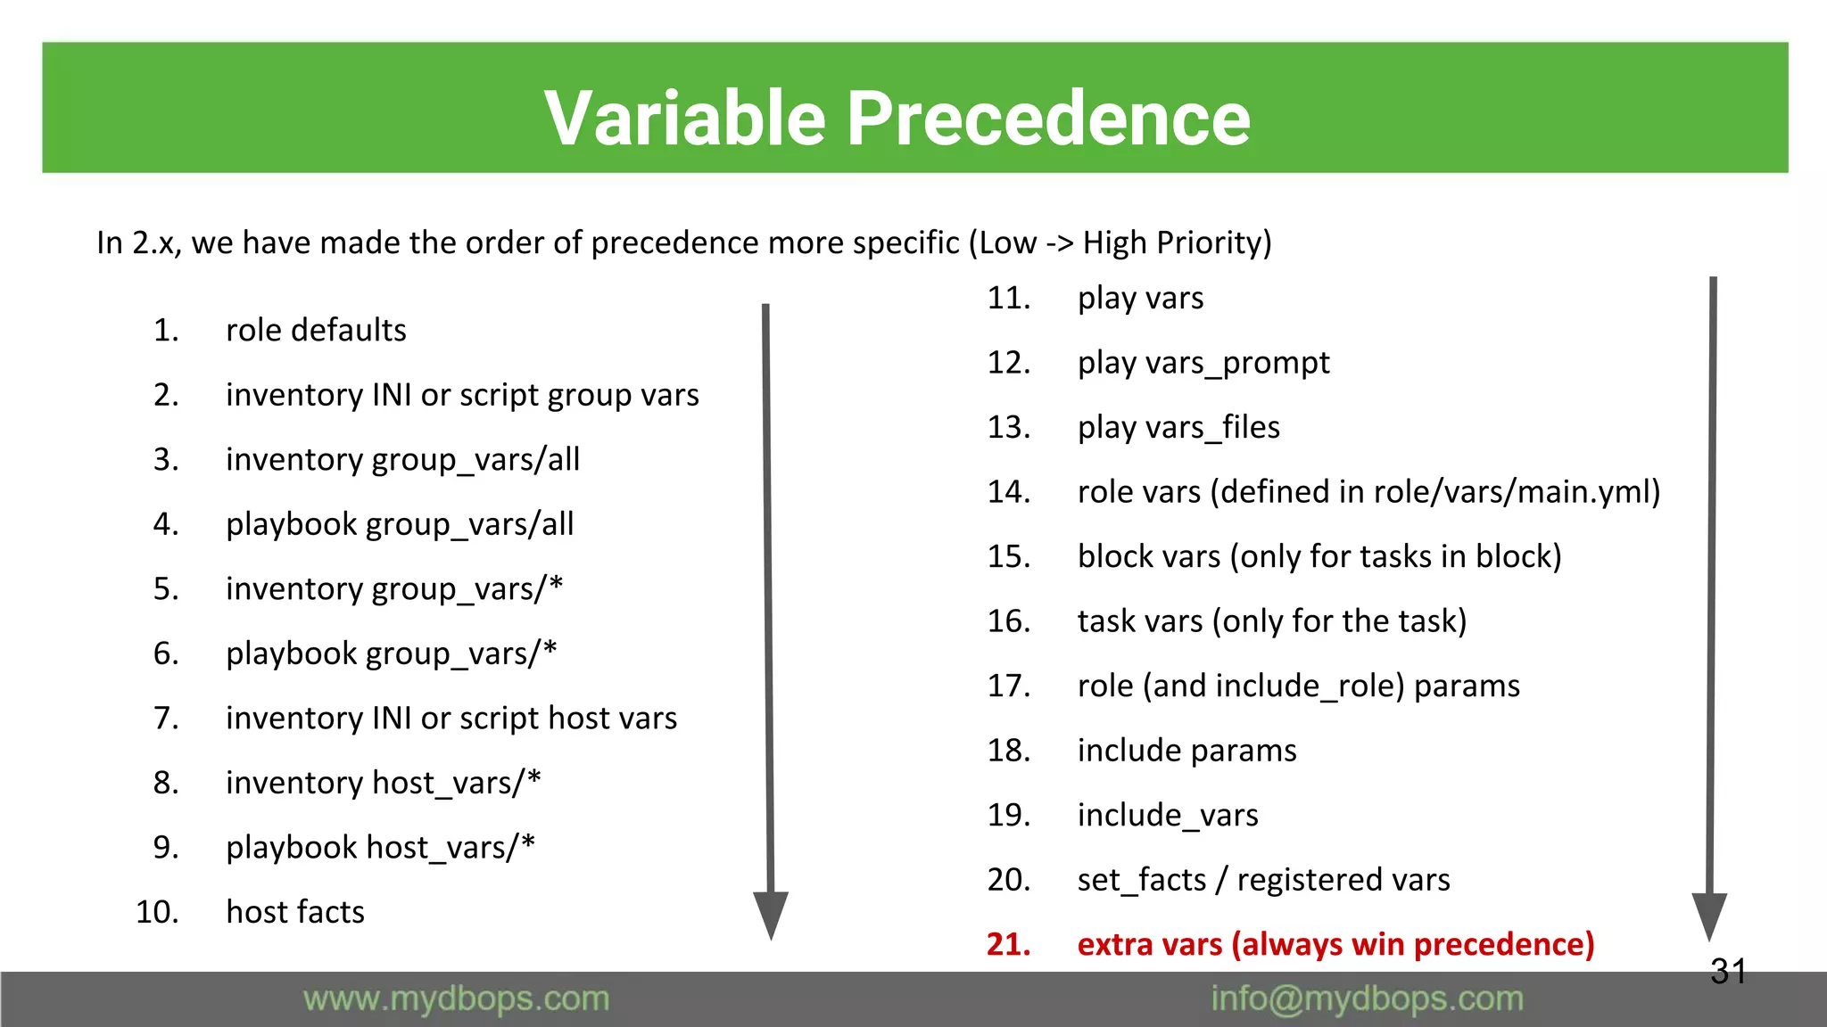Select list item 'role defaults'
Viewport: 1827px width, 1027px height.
click(316, 331)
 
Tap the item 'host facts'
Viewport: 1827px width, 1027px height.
click(295, 912)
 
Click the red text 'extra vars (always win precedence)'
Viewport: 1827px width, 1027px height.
click(1335, 944)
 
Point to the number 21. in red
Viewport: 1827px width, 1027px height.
click(1008, 944)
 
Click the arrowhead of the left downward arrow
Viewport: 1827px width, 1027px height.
click(771, 914)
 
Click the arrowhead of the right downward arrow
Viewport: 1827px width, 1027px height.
click(1709, 916)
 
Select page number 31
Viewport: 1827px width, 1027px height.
click(1728, 972)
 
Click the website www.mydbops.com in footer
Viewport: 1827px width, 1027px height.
click(456, 999)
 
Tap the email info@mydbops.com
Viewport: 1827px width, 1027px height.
click(1367, 999)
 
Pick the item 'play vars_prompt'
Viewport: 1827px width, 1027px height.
click(1203, 363)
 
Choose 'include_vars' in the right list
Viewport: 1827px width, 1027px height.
click(1168, 815)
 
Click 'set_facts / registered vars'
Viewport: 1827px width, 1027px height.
click(1263, 880)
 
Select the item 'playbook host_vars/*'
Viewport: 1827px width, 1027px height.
click(380, 847)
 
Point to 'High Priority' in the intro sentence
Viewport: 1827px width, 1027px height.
click(1176, 242)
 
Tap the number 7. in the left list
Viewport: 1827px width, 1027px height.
click(166, 719)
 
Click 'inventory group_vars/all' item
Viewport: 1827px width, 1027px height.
click(402, 460)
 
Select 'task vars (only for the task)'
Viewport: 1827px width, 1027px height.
click(1271, 621)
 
